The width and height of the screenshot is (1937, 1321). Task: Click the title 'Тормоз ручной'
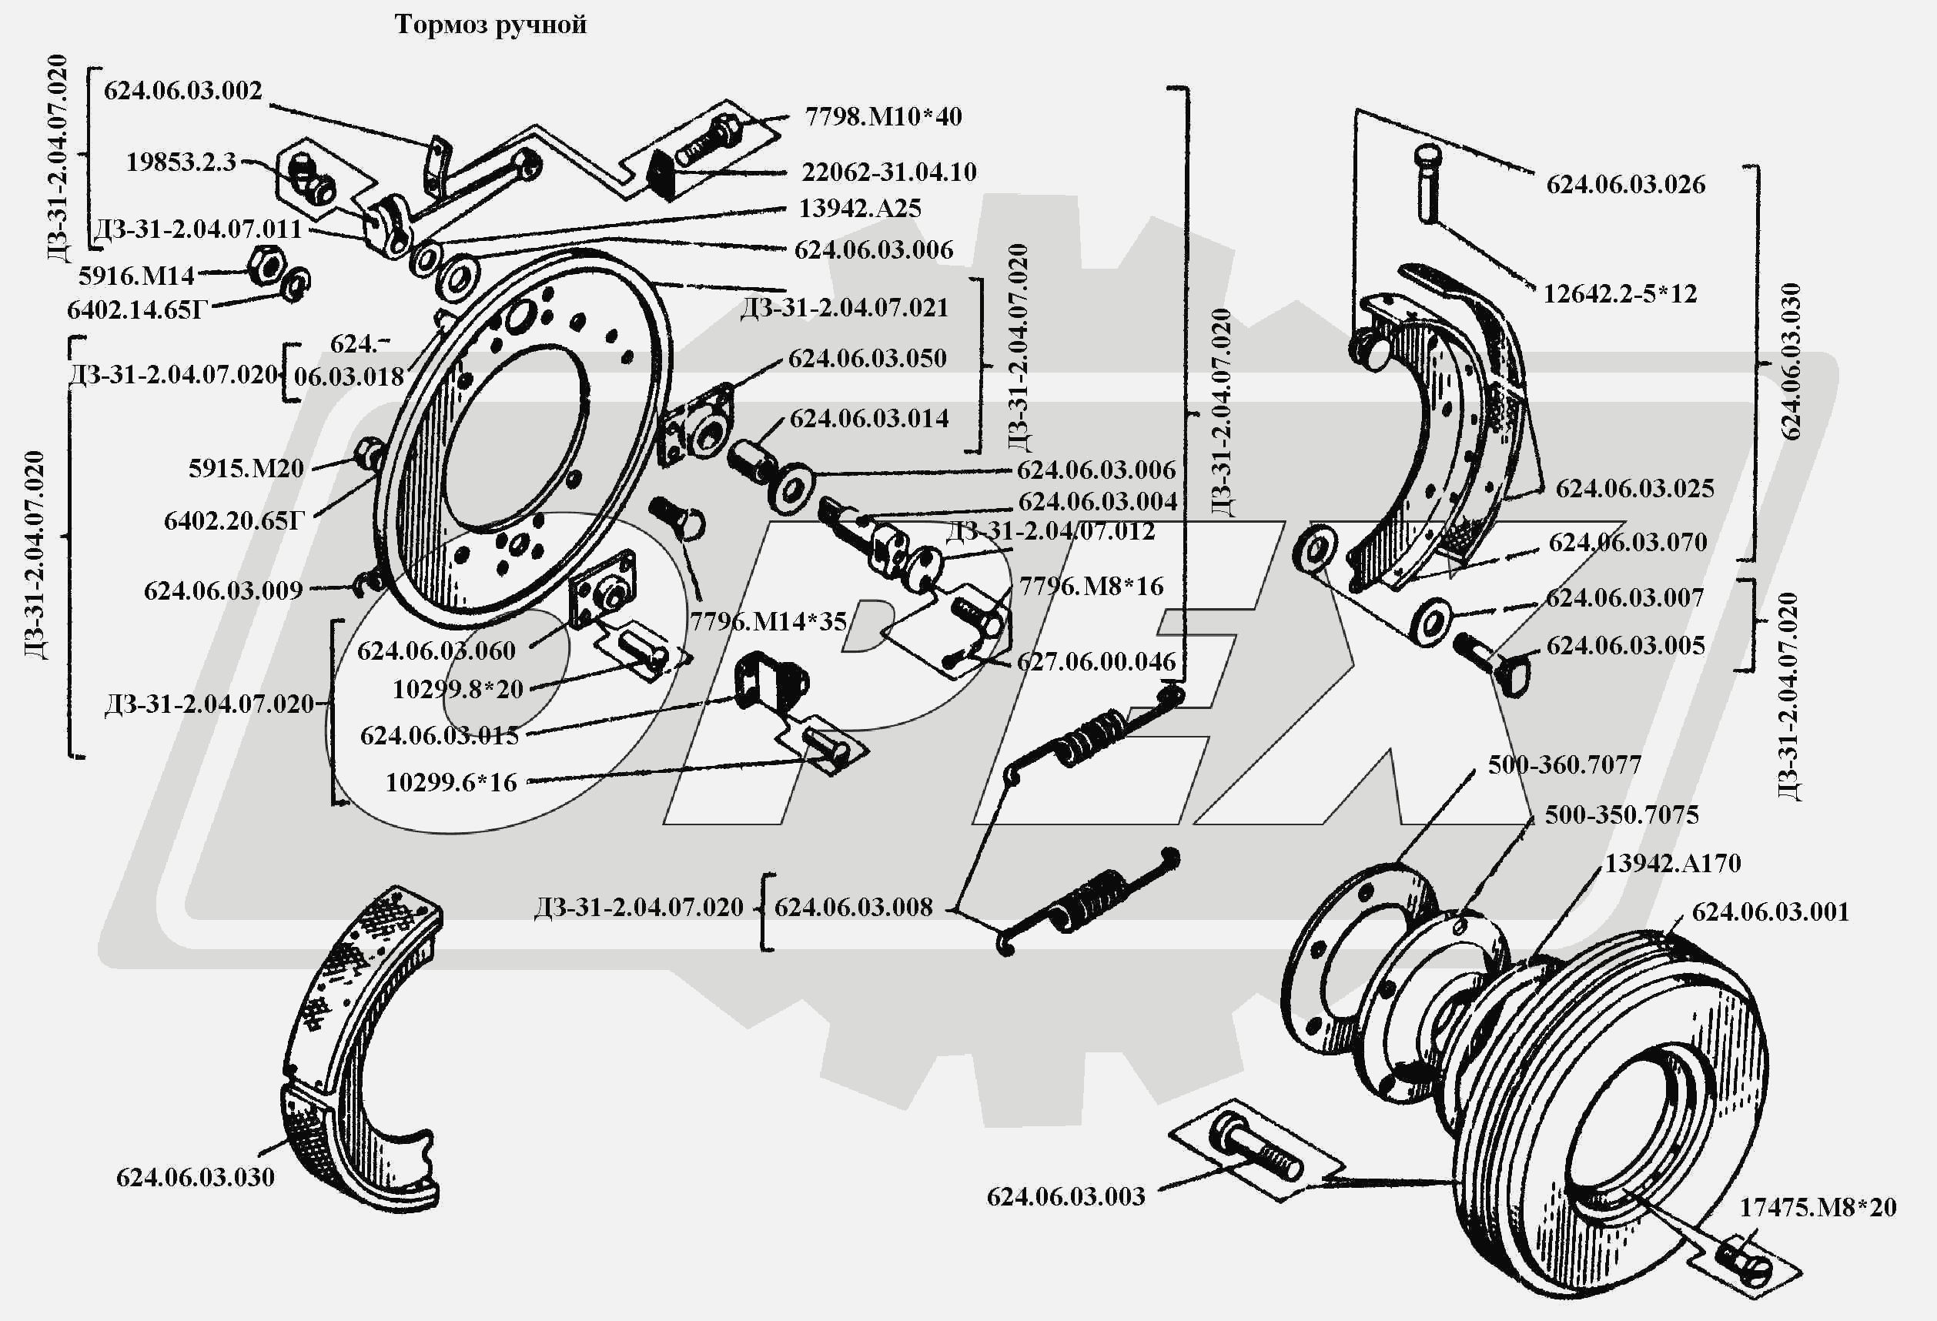(490, 25)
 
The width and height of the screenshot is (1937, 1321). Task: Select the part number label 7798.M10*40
(882, 115)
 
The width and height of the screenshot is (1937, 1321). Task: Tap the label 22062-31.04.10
(888, 172)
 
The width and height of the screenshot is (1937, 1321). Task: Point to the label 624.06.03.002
(182, 90)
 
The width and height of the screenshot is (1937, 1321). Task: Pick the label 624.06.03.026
(1625, 184)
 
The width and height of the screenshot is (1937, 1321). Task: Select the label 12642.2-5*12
(1620, 293)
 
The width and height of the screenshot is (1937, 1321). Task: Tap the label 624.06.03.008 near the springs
(853, 907)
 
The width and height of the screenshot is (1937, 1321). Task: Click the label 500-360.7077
(1564, 764)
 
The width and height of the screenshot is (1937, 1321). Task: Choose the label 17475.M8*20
(1817, 1207)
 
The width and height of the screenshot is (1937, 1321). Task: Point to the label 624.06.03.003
(1066, 1197)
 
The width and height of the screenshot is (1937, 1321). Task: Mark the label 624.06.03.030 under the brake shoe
(195, 1177)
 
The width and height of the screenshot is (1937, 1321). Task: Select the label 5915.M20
(246, 468)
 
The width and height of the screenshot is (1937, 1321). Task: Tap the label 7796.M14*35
(768, 621)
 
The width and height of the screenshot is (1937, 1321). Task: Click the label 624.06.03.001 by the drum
(1769, 911)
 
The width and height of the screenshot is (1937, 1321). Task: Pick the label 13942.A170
(1673, 863)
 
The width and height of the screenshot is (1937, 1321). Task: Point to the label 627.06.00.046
(1096, 662)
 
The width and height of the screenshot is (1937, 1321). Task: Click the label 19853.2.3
(181, 162)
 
